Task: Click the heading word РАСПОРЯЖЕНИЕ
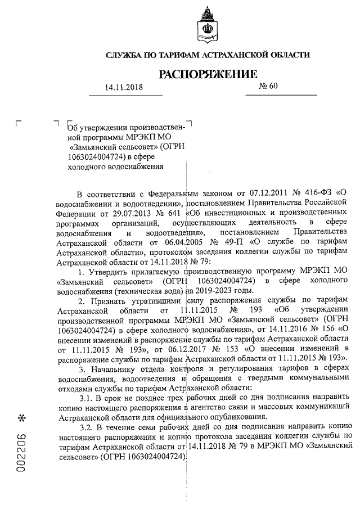coord(208,74)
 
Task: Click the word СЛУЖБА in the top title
coord(125,55)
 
